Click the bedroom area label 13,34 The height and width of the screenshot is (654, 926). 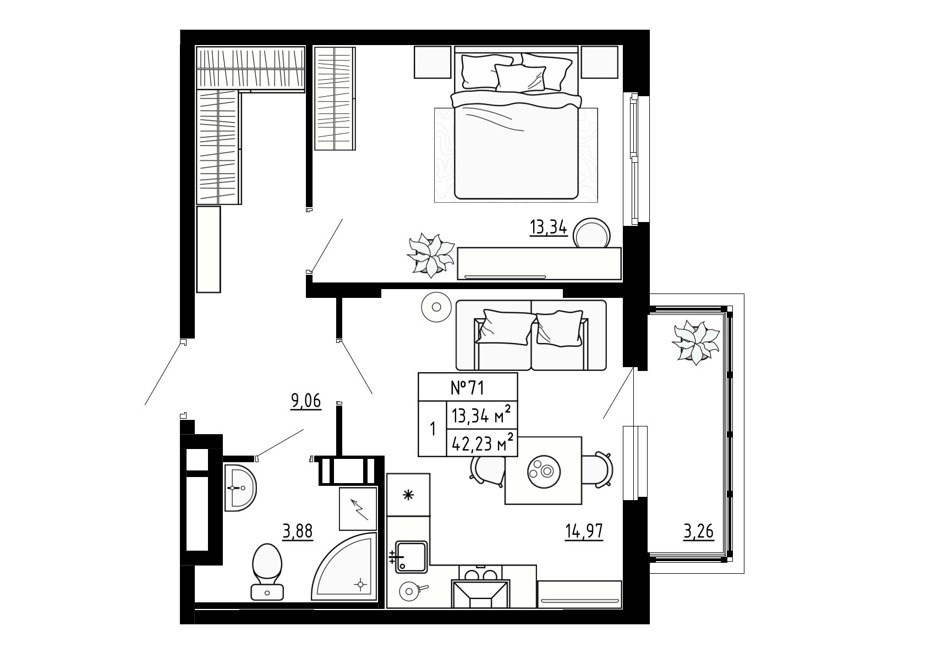[549, 227]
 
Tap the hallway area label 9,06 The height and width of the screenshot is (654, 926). [306, 401]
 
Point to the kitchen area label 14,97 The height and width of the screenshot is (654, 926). [584, 531]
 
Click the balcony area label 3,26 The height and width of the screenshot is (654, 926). [699, 531]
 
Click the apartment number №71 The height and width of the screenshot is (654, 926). [467, 387]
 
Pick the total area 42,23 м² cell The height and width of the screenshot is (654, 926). [482, 443]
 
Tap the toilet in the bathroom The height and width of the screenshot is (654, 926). [267, 572]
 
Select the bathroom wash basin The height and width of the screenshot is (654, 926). [240, 488]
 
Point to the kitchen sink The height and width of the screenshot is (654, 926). [411, 557]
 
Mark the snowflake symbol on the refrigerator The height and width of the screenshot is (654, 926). [408, 495]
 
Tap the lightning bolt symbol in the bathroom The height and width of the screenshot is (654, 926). [359, 509]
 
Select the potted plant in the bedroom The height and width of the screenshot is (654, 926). [430, 255]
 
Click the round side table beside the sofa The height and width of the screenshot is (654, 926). [436, 307]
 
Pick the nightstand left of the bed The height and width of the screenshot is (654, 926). [432, 62]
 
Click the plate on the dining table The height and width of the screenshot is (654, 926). [544, 470]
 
